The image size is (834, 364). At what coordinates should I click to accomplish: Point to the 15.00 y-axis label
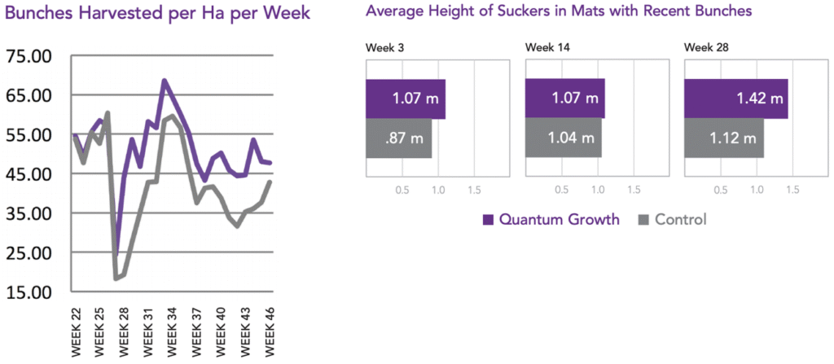pos(29,292)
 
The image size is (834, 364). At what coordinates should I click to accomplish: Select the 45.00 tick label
pos(29,174)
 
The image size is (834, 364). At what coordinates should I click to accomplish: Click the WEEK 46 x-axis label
pos(268,331)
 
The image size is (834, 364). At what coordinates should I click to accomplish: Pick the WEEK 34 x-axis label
pos(173,331)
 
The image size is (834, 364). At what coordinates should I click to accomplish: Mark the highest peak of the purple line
pos(165,80)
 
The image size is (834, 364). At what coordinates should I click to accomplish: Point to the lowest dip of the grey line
pos(116,279)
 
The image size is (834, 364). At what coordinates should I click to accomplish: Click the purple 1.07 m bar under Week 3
pos(405,99)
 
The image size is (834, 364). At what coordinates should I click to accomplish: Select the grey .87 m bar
pos(398,138)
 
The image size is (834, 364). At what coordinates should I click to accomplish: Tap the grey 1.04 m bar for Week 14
pos(563,138)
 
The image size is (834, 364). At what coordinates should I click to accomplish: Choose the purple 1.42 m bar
pos(736,99)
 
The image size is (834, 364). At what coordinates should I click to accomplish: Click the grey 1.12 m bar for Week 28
pos(724,138)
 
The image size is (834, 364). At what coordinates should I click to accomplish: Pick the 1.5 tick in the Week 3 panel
pos(474,190)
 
